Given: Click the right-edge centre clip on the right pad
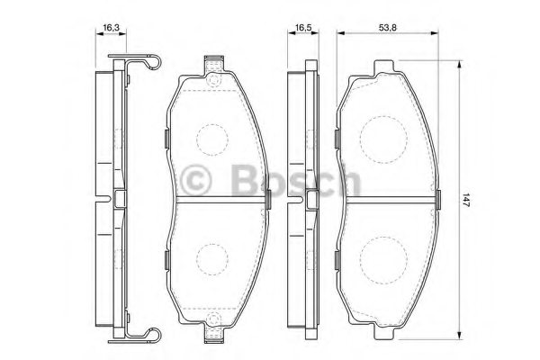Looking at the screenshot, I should [x=436, y=197].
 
